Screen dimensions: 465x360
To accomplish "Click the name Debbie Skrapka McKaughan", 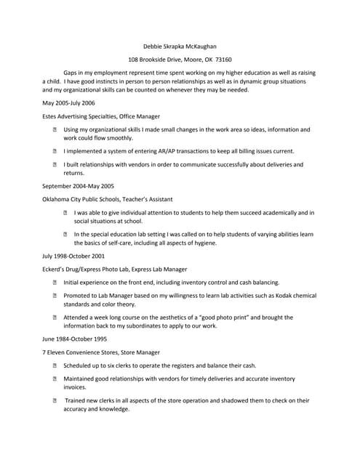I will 180,46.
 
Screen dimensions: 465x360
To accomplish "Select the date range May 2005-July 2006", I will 69,103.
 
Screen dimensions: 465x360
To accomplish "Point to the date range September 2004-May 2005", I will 78,185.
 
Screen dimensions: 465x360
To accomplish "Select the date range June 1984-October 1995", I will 75,339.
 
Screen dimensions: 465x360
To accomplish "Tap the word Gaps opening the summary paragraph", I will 71,73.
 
